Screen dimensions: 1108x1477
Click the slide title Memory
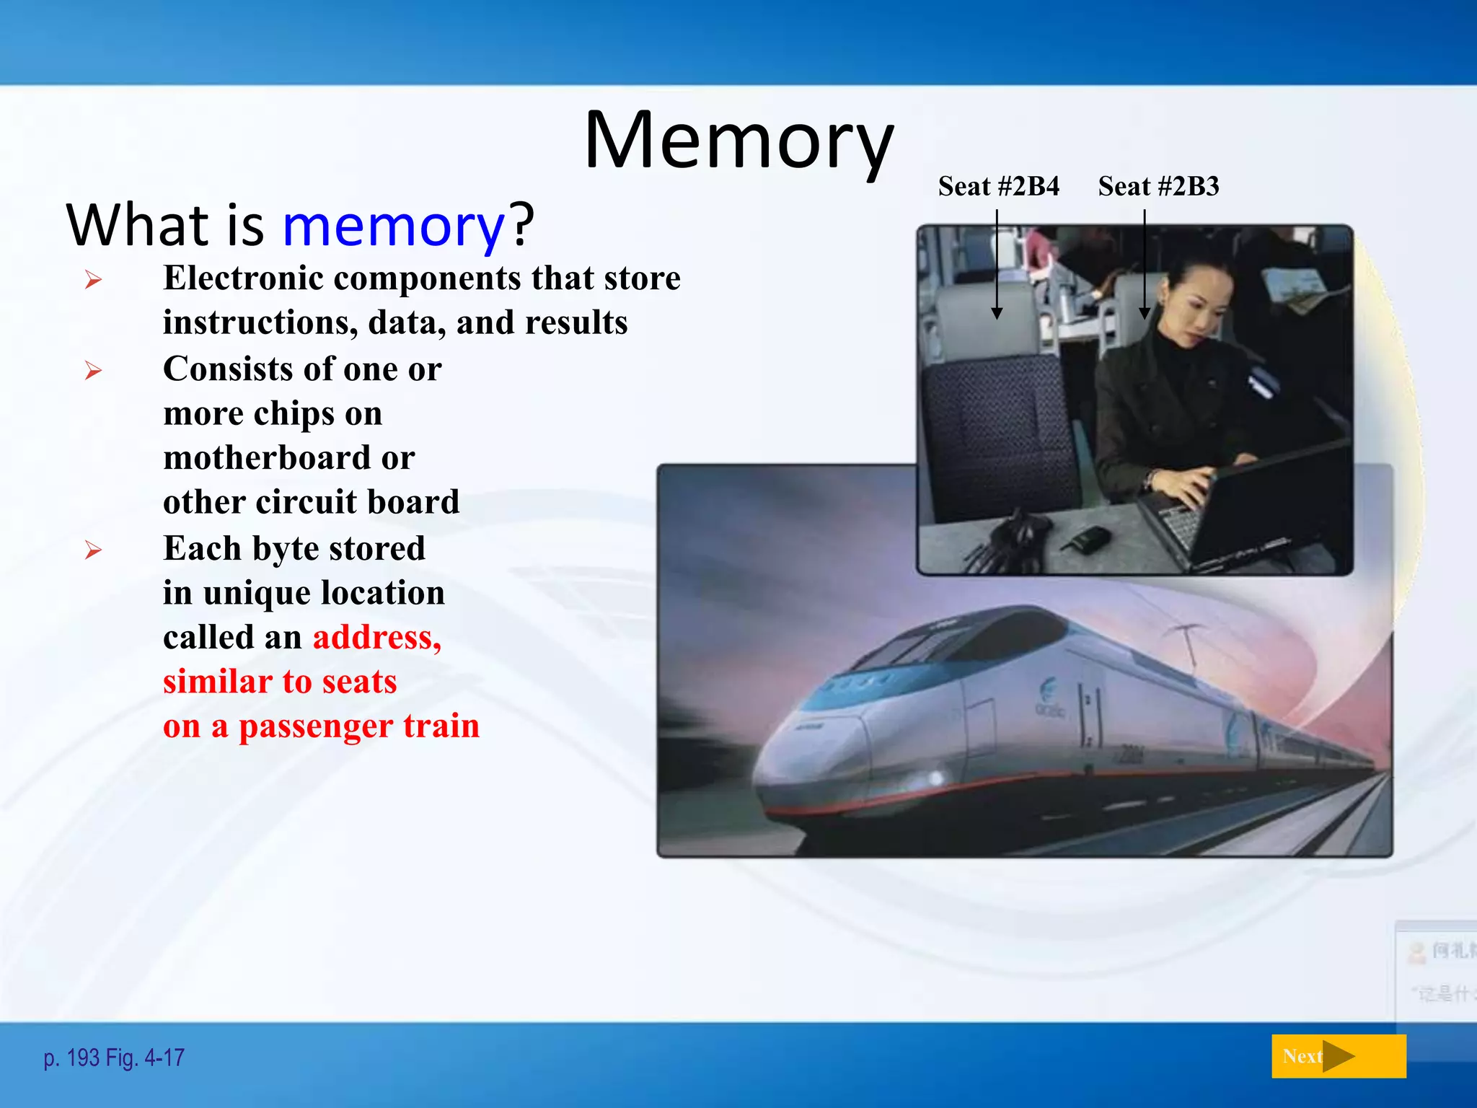738,140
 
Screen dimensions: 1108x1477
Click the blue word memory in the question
394,225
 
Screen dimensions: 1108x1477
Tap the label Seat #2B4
998,187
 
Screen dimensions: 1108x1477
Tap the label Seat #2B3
1158,187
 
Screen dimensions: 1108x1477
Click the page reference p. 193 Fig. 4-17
114,1058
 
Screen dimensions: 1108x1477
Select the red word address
376,638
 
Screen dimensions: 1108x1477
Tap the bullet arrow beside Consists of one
93,371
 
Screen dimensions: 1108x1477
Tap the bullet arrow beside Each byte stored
93,550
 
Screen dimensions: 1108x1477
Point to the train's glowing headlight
935,778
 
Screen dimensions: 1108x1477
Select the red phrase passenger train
358,726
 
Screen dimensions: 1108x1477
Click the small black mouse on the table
1089,538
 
